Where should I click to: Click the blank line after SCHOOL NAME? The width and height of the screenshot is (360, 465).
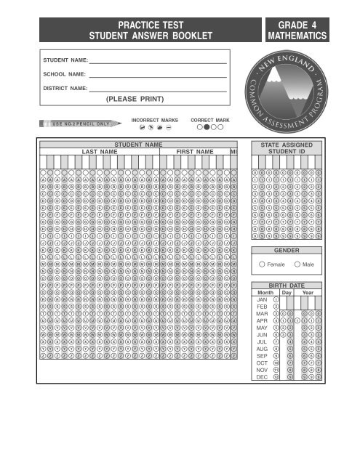pyautogui.click(x=158, y=75)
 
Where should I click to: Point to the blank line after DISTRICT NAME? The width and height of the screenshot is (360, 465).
pyautogui.click(x=158, y=88)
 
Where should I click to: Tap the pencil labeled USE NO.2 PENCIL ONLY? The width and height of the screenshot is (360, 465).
pyautogui.click(x=80, y=123)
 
